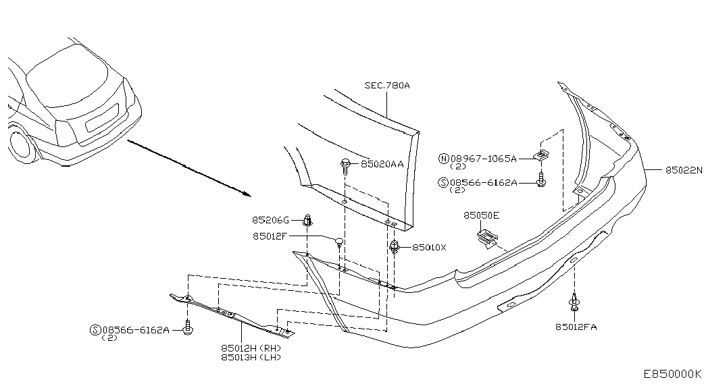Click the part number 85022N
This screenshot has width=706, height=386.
click(x=684, y=170)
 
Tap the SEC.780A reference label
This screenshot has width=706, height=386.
click(x=387, y=85)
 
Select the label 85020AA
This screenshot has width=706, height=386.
click(x=382, y=164)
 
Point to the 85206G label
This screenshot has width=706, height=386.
click(x=270, y=220)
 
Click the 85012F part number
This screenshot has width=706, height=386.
click(x=270, y=236)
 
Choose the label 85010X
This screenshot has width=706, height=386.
click(x=429, y=248)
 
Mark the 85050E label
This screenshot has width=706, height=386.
click(x=481, y=215)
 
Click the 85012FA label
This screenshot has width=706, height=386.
click(x=576, y=327)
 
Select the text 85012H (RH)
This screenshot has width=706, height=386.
click(x=251, y=348)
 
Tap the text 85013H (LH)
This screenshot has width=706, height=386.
click(x=251, y=357)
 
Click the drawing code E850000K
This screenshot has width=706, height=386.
click(x=672, y=374)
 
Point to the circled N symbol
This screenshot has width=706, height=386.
click(x=444, y=159)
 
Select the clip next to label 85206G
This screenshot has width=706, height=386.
click(x=308, y=221)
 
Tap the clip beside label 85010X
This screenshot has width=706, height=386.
click(x=395, y=247)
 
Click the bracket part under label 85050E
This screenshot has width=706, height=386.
click(x=486, y=238)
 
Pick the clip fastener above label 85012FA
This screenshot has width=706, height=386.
click(x=574, y=302)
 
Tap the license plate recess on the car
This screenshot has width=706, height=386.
click(x=102, y=117)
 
